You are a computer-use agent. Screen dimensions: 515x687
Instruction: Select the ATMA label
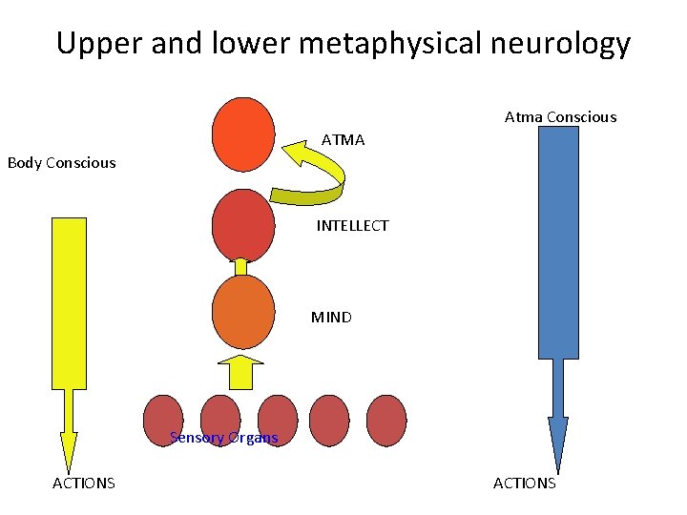click(x=343, y=140)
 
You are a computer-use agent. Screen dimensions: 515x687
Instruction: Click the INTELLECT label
click(x=352, y=226)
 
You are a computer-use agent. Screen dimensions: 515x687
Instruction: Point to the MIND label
click(x=331, y=318)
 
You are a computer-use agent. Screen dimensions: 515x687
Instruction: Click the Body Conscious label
click(x=61, y=163)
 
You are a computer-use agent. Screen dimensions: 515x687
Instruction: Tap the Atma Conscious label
click(x=560, y=117)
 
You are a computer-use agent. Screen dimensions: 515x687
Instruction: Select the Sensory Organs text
click(x=223, y=438)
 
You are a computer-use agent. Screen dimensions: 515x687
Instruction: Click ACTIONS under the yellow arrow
click(x=83, y=484)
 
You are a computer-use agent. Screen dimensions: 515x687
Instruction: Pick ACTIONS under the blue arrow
click(x=524, y=484)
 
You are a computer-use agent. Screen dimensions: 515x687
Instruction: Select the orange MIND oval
click(x=243, y=311)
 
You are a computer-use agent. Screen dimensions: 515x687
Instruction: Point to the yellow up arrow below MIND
click(x=241, y=371)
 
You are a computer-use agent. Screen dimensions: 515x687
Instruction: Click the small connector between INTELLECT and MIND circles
click(x=241, y=266)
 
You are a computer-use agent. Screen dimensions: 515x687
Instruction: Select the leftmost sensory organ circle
click(x=162, y=421)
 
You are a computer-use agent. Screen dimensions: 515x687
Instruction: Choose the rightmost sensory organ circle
click(x=386, y=421)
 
